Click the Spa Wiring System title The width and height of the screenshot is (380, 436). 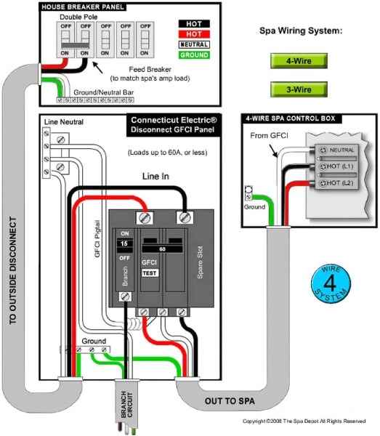tap(301, 32)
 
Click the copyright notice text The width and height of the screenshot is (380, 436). tap(304, 421)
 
